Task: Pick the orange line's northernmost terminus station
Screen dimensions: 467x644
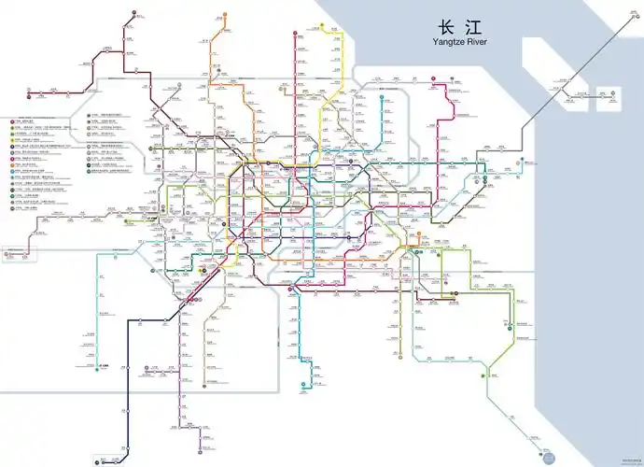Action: pyautogui.click(x=224, y=16)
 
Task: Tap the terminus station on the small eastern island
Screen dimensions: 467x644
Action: pyautogui.click(x=608, y=94)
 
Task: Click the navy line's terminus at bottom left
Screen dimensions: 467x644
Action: pyautogui.click(x=97, y=460)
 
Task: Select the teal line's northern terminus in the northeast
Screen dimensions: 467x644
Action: pyautogui.click(x=382, y=94)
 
